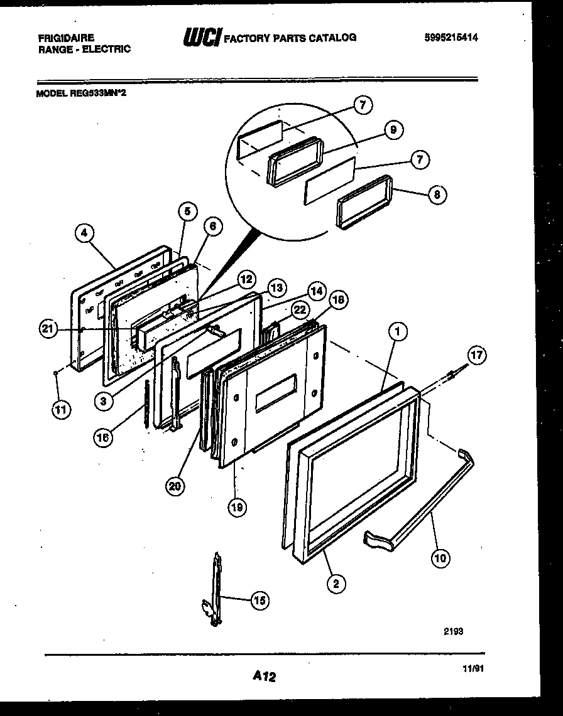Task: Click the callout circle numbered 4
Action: (84, 233)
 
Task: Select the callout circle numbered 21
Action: (48, 329)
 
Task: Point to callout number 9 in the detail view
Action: (393, 130)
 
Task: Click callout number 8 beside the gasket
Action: (437, 195)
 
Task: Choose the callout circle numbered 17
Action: (477, 355)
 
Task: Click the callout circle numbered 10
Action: (442, 557)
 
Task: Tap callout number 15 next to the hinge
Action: (259, 601)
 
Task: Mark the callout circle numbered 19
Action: (238, 506)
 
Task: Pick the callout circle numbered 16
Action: (103, 437)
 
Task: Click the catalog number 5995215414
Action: (451, 38)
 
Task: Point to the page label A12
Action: (265, 676)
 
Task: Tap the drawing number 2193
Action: (454, 632)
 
